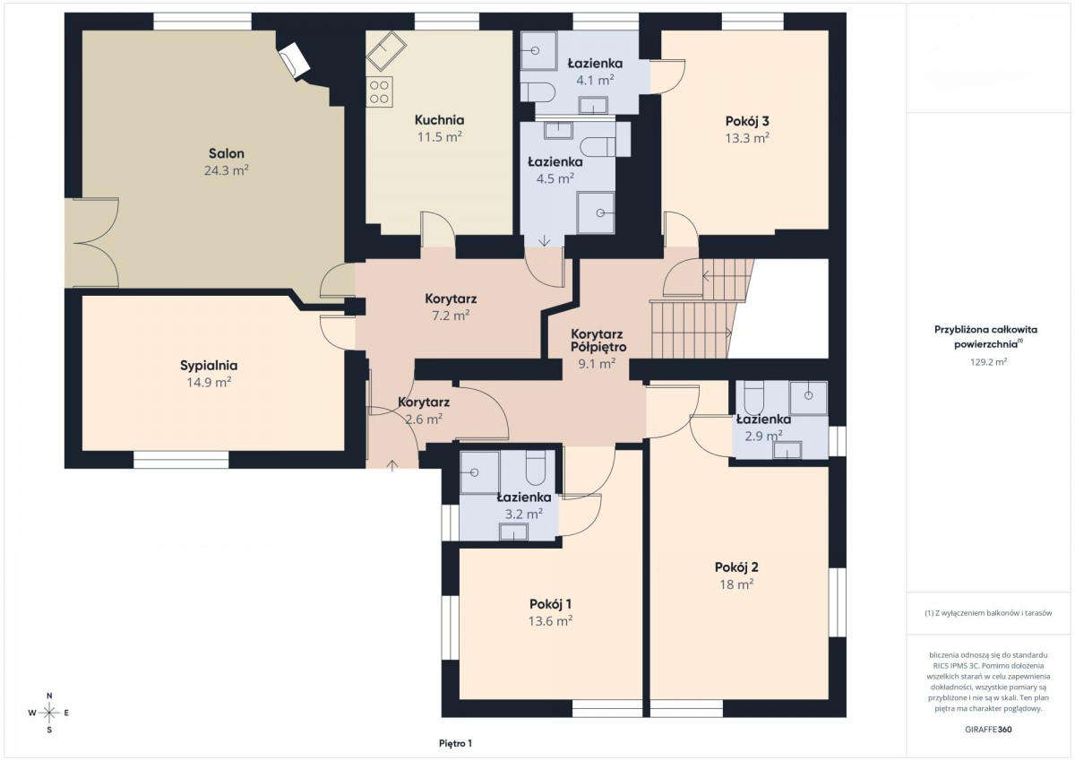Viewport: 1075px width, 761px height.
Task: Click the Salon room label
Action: coord(227,153)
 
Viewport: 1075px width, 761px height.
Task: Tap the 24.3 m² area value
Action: coord(227,170)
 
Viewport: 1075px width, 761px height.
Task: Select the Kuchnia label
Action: coord(440,119)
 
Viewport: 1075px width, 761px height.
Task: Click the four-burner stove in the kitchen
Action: coord(379,91)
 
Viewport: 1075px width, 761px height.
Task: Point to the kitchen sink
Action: coord(386,52)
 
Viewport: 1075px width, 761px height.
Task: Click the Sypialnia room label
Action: coord(209,366)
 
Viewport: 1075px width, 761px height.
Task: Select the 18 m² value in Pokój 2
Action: coord(736,584)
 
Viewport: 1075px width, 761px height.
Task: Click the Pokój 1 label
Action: coord(550,604)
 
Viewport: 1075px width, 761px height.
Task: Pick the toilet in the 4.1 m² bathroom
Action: coord(538,91)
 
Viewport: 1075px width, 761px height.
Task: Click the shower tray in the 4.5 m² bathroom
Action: coord(596,212)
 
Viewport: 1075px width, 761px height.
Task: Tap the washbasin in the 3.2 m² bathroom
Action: coord(513,532)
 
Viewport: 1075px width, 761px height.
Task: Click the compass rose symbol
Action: coord(49,713)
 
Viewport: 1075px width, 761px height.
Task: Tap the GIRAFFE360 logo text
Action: coord(988,730)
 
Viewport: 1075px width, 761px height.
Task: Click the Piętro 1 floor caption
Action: coord(455,743)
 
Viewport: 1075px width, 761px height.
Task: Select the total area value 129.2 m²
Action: coord(988,362)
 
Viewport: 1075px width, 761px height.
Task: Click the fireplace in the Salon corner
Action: coord(295,59)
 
